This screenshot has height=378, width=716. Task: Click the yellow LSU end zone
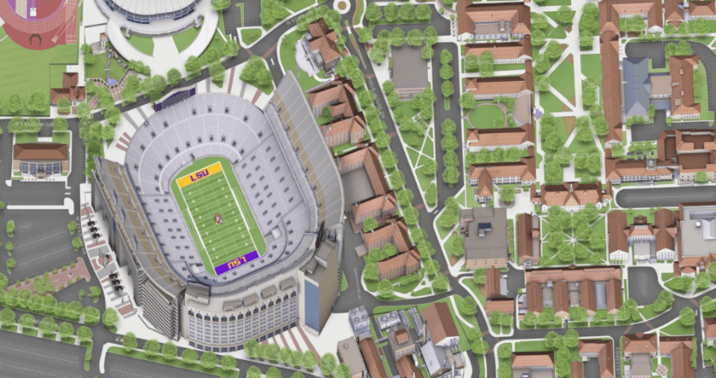point(199,174)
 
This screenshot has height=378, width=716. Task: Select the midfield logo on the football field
point(218,218)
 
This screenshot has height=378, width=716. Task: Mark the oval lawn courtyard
point(489,115)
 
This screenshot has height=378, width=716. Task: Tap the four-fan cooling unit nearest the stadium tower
point(359,319)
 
